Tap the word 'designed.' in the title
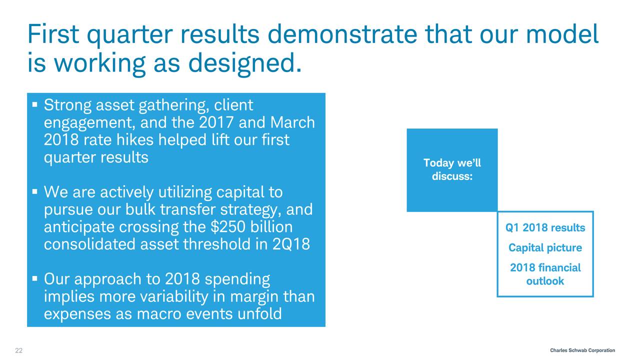pyautogui.click(x=245, y=64)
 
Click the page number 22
pyautogui.click(x=19, y=350)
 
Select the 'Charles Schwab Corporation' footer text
pyautogui.click(x=582, y=350)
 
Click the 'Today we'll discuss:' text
pyautogui.click(x=452, y=169)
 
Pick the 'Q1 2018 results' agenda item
pyautogui.click(x=545, y=227)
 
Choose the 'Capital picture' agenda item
pyautogui.click(x=545, y=247)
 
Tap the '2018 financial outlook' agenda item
pyautogui.click(x=545, y=274)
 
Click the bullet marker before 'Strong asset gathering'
pyautogui.click(x=35, y=104)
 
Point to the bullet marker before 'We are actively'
pyautogui.click(x=35, y=191)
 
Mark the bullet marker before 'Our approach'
pyautogui.click(x=35, y=278)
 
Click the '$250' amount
pyautogui.click(x=228, y=227)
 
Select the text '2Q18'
pyautogui.click(x=291, y=244)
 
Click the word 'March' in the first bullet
pyautogui.click(x=292, y=122)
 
